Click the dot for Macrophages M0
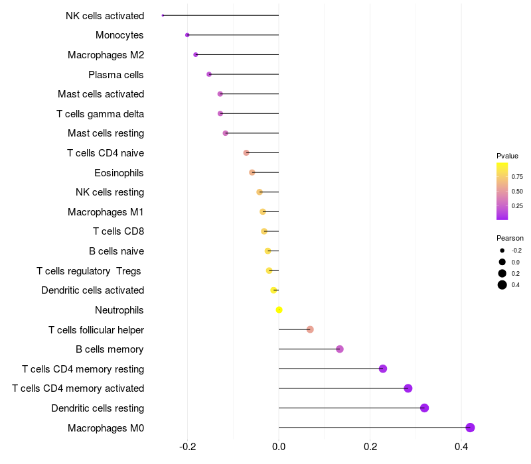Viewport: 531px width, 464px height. [x=470, y=428]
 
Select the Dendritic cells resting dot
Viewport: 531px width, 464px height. [x=424, y=408]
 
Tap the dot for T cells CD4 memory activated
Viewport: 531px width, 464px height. [x=408, y=388]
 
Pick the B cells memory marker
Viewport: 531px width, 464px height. [x=340, y=349]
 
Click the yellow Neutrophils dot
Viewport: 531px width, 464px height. [x=279, y=310]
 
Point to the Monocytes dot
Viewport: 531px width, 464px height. [x=187, y=35]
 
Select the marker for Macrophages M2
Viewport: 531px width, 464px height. [x=195, y=54]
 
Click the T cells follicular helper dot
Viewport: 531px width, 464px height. [x=310, y=329]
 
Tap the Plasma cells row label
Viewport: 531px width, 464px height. [x=116, y=74]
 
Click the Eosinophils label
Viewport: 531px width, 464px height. [x=119, y=173]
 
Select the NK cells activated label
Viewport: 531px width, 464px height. [x=105, y=15]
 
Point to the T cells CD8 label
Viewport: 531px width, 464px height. [x=118, y=231]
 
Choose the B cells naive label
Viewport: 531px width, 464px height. [x=116, y=251]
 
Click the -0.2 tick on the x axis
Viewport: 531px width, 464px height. [x=188, y=446]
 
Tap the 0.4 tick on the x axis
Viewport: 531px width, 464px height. [x=461, y=446]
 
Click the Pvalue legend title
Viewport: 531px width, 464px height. [x=507, y=156]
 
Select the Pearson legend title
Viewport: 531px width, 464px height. [x=510, y=238]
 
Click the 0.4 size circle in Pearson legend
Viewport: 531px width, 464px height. [x=502, y=285]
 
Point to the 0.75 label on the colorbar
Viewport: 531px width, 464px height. [x=517, y=177]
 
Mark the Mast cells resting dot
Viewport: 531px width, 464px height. [x=226, y=133]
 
